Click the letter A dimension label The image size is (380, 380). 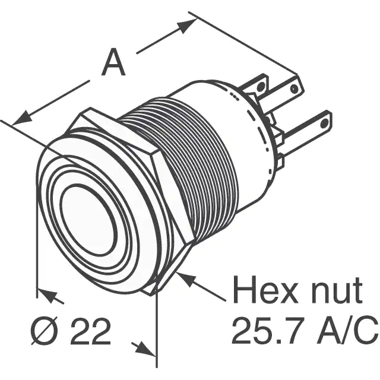[113, 62]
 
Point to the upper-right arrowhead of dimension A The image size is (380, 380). [186, 26]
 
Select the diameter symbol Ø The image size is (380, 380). [45, 331]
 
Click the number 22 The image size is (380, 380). [91, 331]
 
